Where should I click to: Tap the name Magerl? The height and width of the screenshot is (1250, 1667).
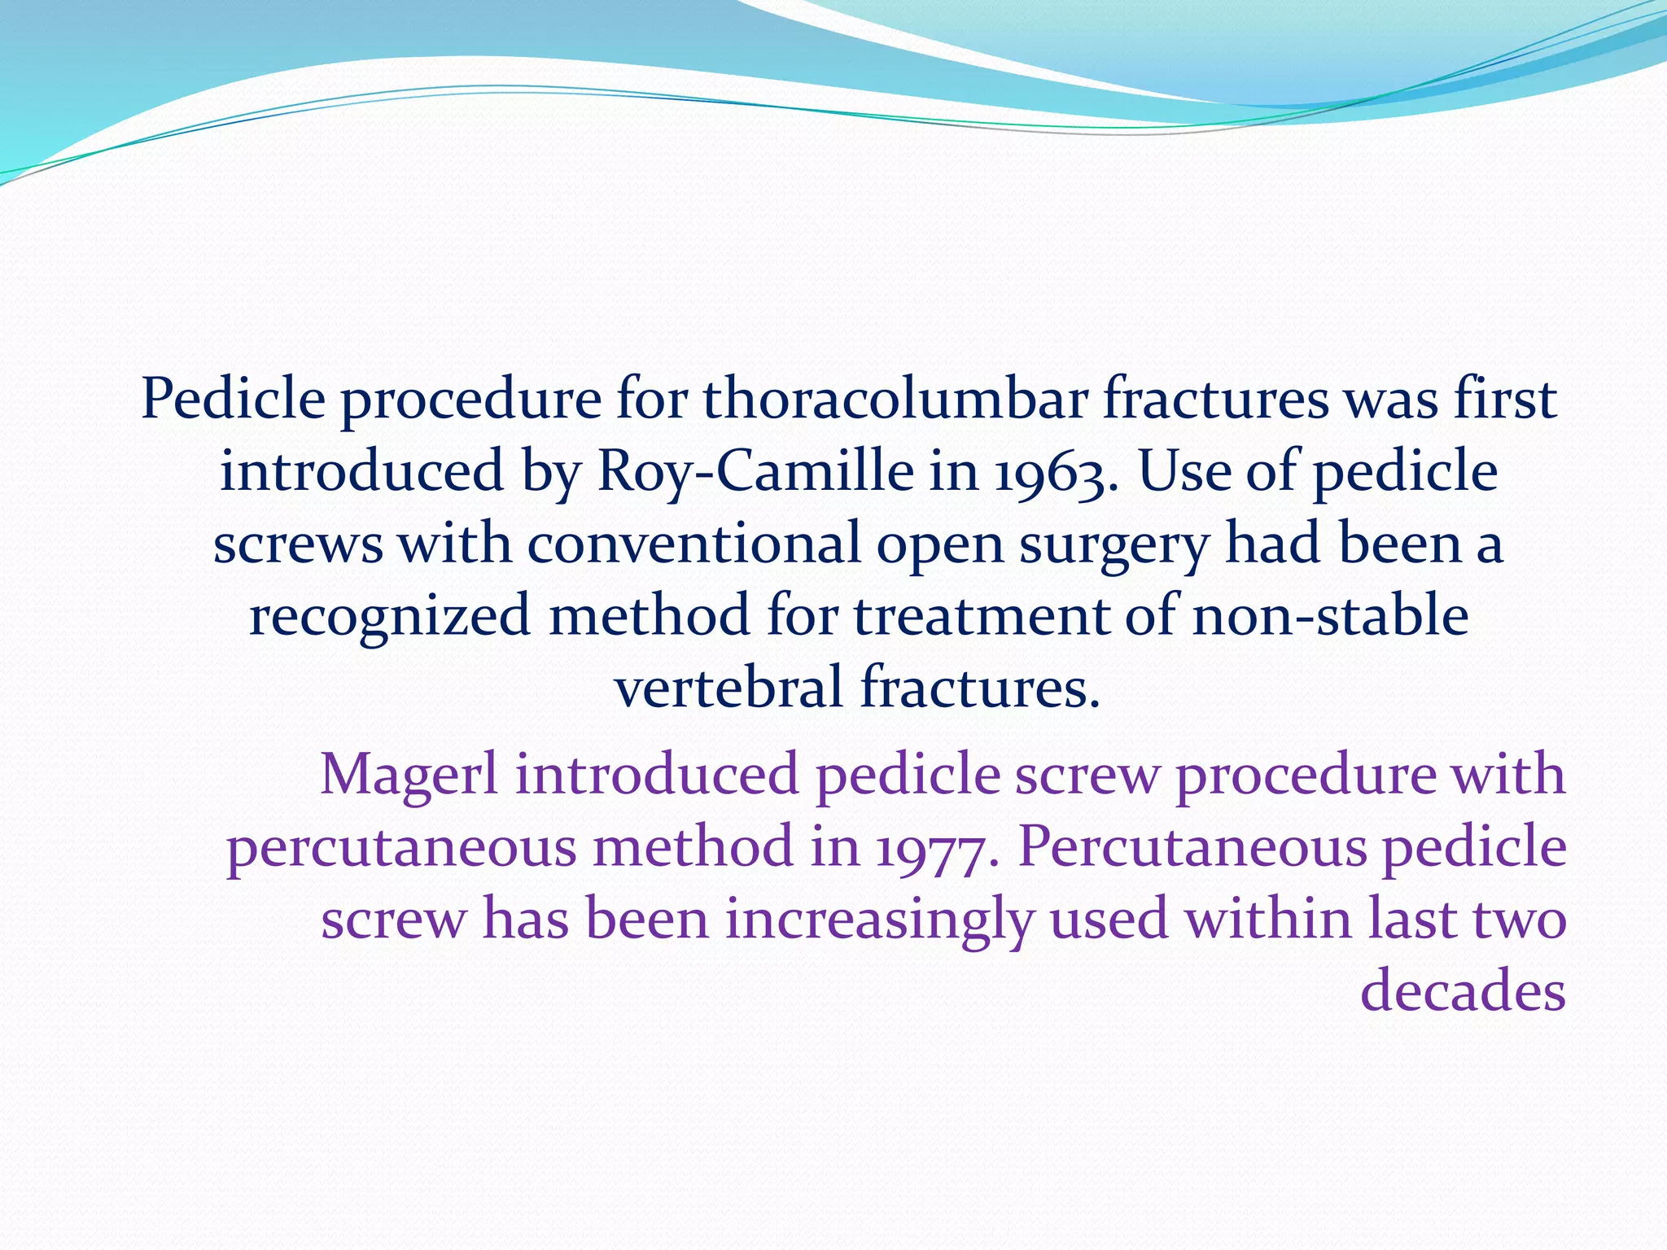[x=409, y=776]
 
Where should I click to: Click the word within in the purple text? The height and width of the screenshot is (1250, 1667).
[x=1267, y=919]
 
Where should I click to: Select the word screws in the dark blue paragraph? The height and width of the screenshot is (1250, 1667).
[x=298, y=544]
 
